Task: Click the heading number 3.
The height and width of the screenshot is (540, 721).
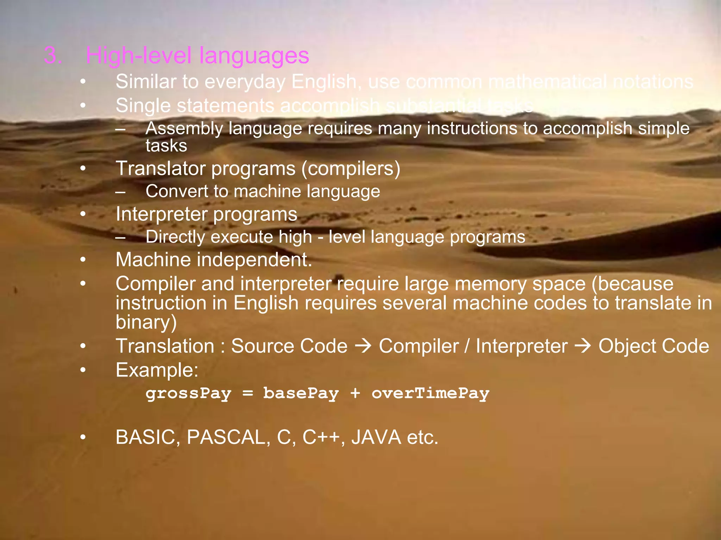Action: tap(53, 56)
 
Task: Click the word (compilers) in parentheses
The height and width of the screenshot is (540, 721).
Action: tap(351, 169)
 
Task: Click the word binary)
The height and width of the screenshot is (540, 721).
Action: tap(146, 322)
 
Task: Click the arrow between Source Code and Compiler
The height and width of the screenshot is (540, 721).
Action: tap(363, 346)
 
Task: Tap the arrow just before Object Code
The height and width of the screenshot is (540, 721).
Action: tap(583, 346)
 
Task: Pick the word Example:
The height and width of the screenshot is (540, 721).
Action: tap(157, 370)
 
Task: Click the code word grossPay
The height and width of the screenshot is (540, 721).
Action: tap(188, 393)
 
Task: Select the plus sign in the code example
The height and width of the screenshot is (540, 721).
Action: tap(355, 393)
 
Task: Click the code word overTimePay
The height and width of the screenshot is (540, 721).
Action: tap(431, 393)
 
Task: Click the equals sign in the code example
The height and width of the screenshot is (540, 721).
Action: tap(247, 393)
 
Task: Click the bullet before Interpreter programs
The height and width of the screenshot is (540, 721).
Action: tap(83, 214)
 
